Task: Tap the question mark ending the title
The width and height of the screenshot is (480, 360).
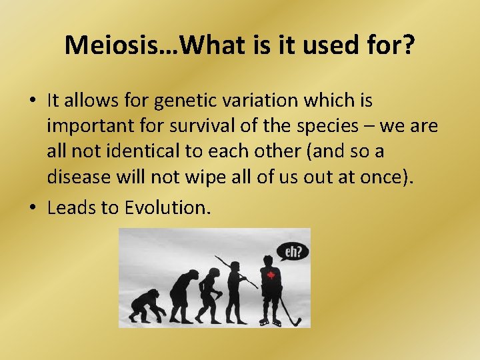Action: [x=408, y=45]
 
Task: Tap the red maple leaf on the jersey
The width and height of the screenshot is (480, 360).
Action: [x=271, y=275]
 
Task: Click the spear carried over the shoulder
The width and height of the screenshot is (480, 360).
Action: [x=236, y=270]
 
